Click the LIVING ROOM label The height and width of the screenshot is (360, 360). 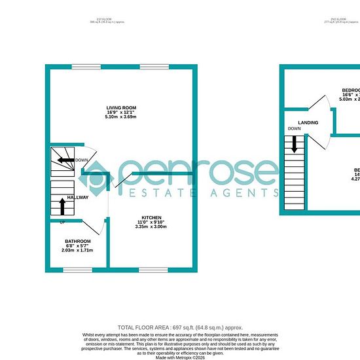coord(121,107)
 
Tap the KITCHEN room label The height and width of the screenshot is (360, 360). coord(151,217)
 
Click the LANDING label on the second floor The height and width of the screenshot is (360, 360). coord(308,122)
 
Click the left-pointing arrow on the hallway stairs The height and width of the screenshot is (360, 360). coord(66,160)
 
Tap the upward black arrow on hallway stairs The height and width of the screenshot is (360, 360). coord(63,206)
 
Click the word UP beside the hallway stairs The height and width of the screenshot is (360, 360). coord(63,223)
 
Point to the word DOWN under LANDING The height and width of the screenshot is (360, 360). coord(294,129)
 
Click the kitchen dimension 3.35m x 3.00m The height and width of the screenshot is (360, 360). coord(151,227)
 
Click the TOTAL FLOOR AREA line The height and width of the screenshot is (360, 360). coord(179,327)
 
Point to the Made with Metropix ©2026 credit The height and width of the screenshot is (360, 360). coord(180,357)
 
